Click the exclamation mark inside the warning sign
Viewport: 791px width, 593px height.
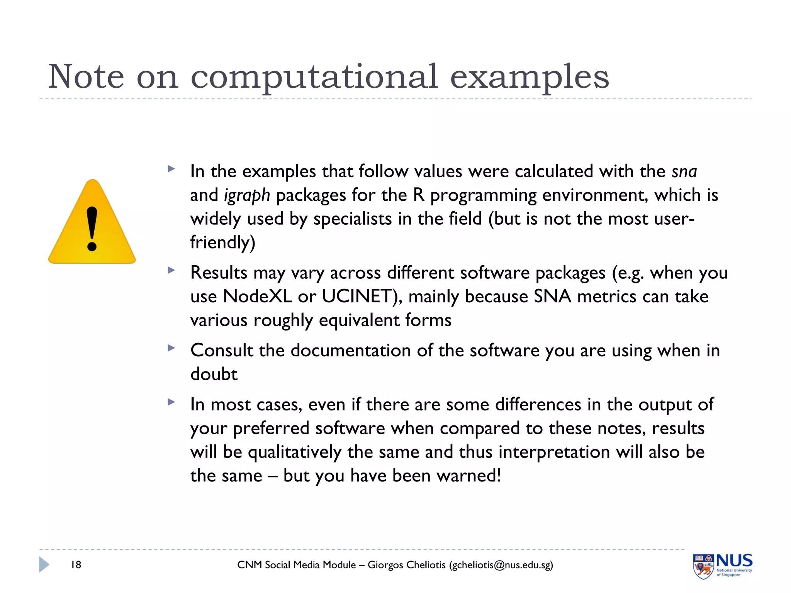[x=92, y=229]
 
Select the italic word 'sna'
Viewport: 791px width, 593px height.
[x=684, y=171]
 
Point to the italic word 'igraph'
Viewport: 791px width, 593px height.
[x=247, y=195]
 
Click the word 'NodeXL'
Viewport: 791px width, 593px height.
[x=257, y=296]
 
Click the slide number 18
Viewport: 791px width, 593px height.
[x=76, y=565]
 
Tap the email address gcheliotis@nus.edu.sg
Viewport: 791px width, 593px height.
[x=501, y=565]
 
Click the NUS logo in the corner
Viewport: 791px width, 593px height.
[x=722, y=566]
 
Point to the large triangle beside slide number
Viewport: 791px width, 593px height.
[x=44, y=564]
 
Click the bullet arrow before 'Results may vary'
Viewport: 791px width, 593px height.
[x=171, y=270]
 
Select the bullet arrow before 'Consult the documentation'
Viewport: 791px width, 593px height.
[x=171, y=348]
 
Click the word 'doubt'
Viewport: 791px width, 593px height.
[x=214, y=374]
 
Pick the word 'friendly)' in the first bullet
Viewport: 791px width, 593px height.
[x=223, y=243]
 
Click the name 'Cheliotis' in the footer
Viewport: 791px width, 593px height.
[x=426, y=565]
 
